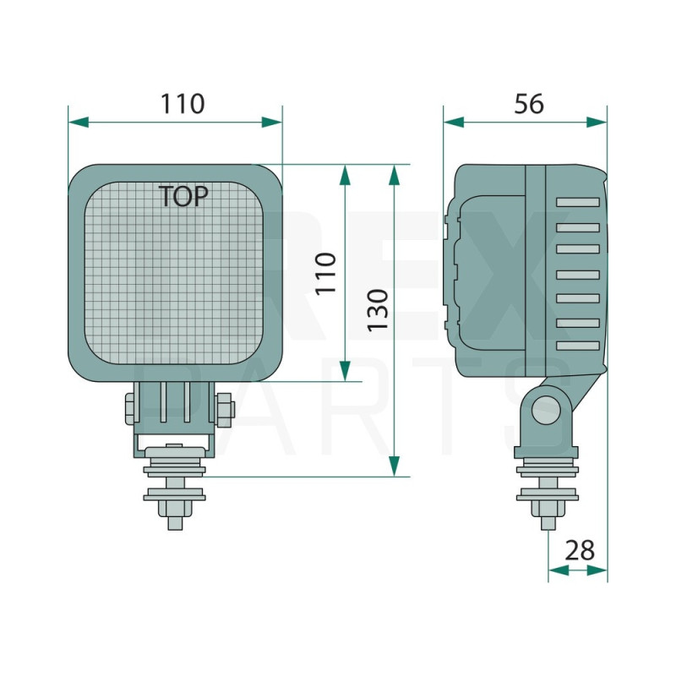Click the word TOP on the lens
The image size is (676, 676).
pyautogui.click(x=183, y=197)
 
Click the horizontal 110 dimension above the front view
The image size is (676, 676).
pyautogui.click(x=183, y=104)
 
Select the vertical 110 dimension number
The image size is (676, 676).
pyautogui.click(x=326, y=272)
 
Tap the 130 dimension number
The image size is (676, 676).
pyautogui.click(x=377, y=309)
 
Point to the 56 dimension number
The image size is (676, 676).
pyautogui.click(x=529, y=104)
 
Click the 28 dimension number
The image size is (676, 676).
pyautogui.click(x=580, y=551)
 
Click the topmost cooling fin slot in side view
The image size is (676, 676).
pyautogui.click(x=578, y=203)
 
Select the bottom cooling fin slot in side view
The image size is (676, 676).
pyautogui.click(x=578, y=346)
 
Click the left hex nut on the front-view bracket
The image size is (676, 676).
pyautogui.click(x=133, y=409)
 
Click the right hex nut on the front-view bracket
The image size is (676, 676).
pyautogui.click(x=224, y=409)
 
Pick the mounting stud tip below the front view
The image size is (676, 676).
pyautogui.click(x=175, y=521)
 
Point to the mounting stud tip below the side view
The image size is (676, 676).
pyautogui.click(x=548, y=521)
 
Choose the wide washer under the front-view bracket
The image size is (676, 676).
pyautogui.click(x=175, y=470)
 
